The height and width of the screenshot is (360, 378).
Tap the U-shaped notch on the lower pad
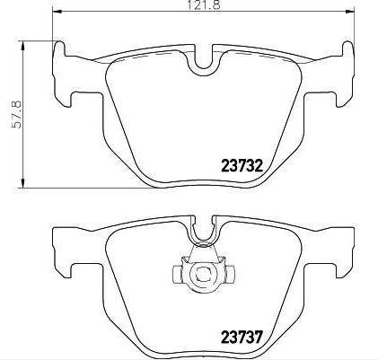click(x=206, y=233)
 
